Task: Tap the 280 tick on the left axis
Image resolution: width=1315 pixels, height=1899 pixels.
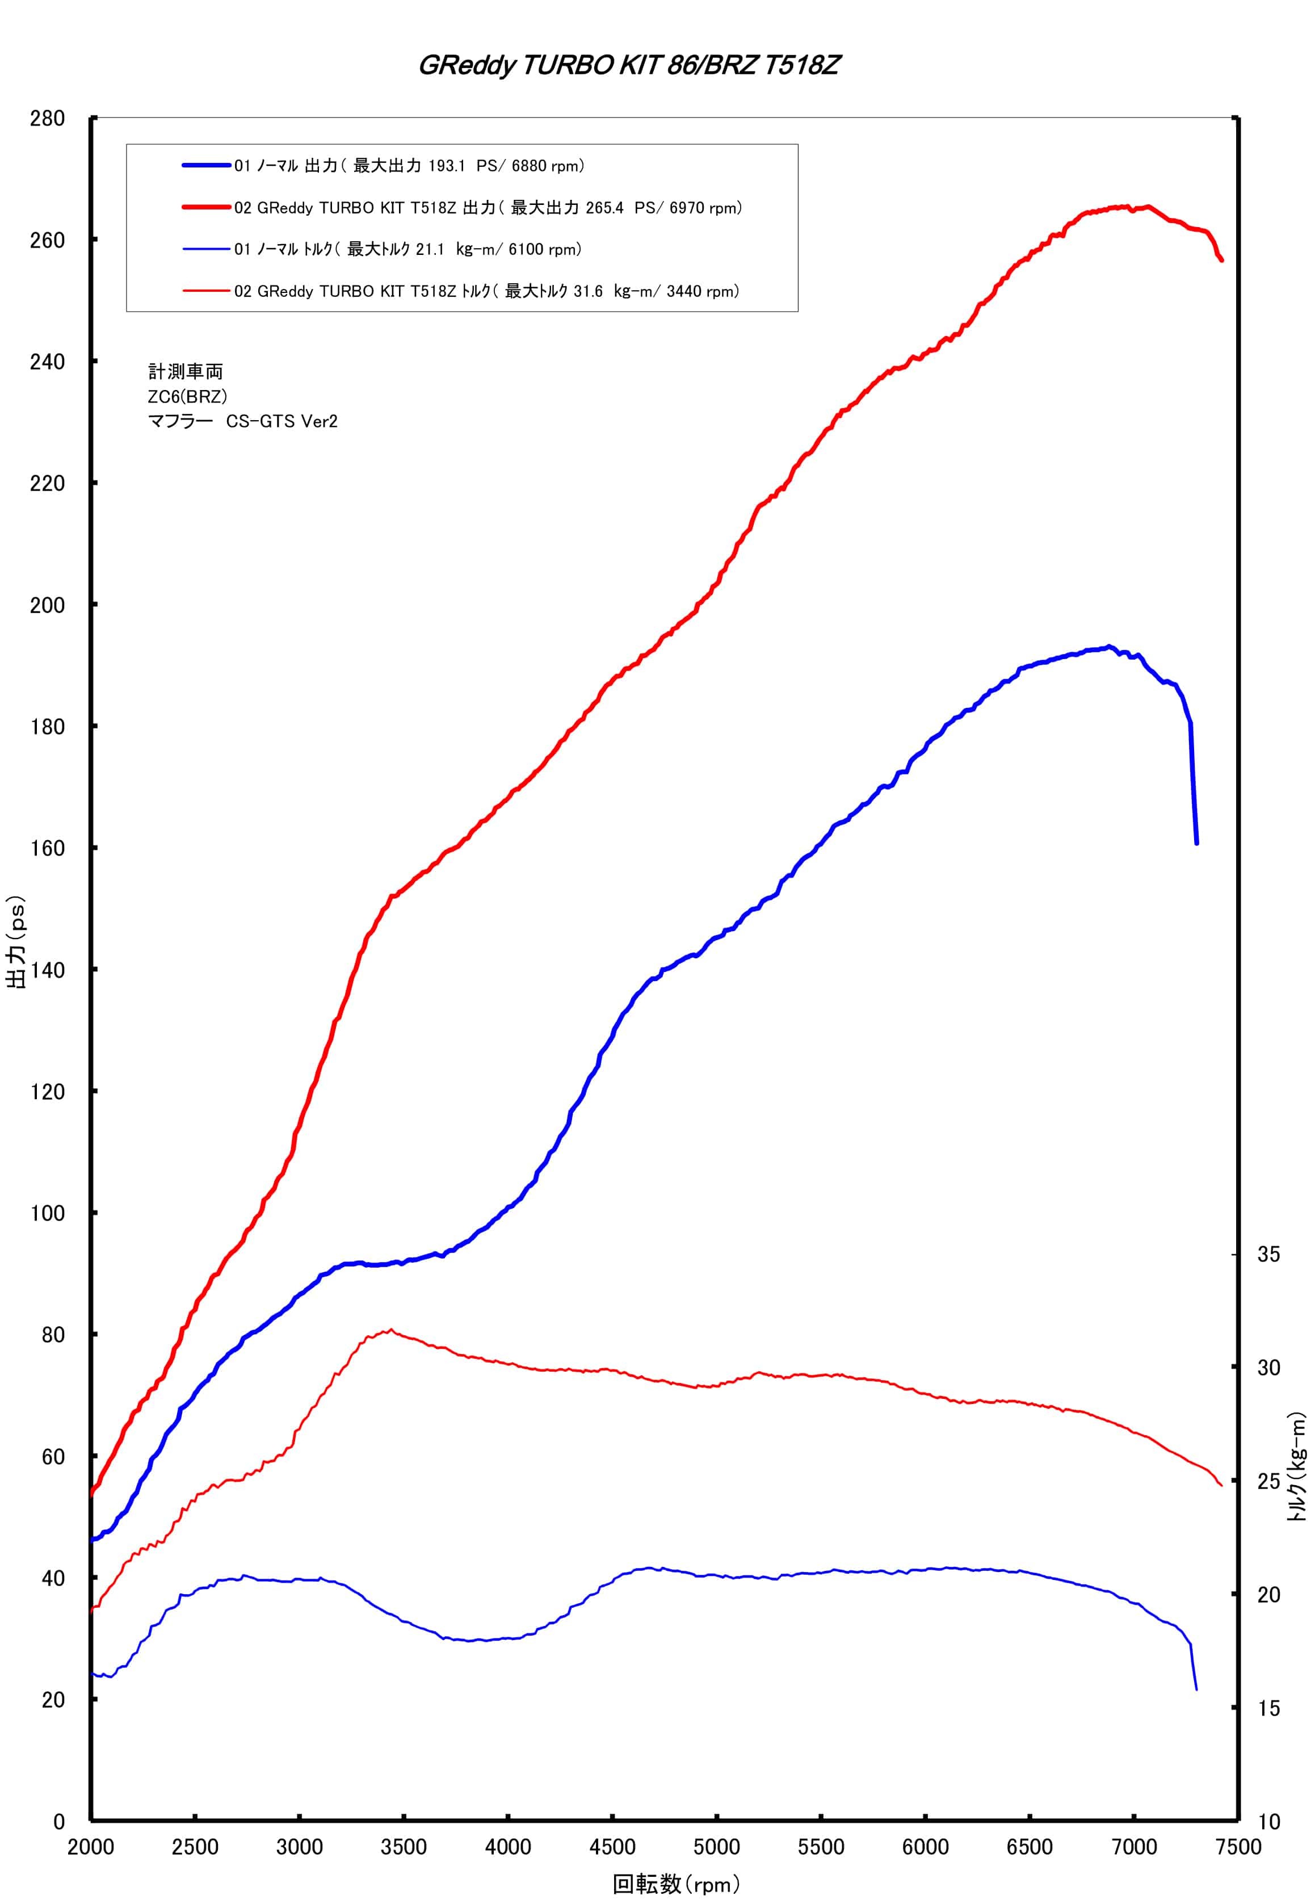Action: (x=47, y=119)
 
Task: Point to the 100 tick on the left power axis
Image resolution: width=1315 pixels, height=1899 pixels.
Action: (x=47, y=1213)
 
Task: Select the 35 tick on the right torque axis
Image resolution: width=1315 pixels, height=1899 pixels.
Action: (x=1269, y=1255)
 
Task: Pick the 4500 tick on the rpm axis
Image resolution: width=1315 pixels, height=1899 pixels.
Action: (x=612, y=1847)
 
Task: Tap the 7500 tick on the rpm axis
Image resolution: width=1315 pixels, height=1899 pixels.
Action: (x=1238, y=1847)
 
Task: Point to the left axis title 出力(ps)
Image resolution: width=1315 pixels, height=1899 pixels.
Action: (x=16, y=941)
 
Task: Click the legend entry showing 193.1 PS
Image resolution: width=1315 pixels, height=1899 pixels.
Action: (x=384, y=166)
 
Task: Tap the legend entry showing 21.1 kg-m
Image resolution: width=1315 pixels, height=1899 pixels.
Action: (x=383, y=249)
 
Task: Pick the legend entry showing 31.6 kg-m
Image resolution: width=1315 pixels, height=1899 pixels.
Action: (x=461, y=291)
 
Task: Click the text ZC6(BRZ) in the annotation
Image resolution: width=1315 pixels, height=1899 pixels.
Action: (x=188, y=396)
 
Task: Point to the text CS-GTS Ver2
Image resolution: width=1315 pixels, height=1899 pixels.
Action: (x=282, y=421)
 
